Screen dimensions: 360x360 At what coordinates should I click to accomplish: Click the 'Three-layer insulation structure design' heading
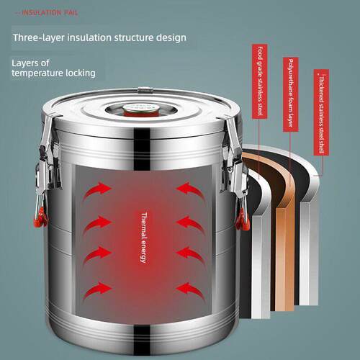coord(99,38)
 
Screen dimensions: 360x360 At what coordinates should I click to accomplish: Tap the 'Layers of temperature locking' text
coord(53,68)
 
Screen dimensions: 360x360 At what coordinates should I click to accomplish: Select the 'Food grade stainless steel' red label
coord(260,81)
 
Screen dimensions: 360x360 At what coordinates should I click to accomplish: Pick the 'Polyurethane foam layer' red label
coord(291,94)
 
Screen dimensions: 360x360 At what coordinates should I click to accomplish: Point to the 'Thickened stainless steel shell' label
coord(321,112)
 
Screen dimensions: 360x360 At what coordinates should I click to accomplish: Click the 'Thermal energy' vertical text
coord(143,238)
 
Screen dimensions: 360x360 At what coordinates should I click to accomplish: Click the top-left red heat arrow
coord(97,190)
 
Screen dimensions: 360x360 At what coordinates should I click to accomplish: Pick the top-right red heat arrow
coord(190,190)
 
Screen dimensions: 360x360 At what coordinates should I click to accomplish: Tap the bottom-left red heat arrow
coord(97,290)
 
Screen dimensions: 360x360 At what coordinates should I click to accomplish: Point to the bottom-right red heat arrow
coord(190,291)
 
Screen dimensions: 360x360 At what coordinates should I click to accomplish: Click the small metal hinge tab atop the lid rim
coord(145,90)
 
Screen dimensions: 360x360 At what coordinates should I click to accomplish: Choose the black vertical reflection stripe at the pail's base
coord(142,341)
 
